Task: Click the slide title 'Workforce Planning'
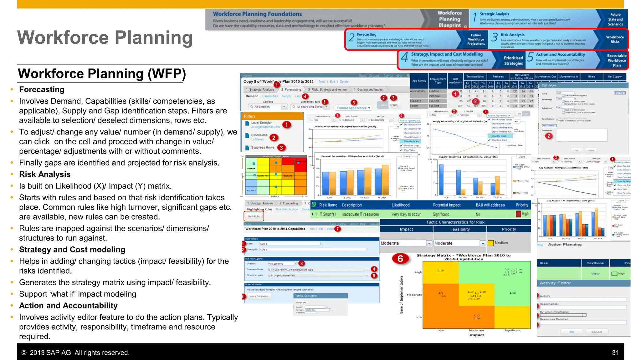pyautogui.click(x=105, y=38)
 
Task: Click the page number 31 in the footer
pyautogui.click(x=615, y=352)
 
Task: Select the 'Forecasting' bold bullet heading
pyautogui.click(x=42, y=89)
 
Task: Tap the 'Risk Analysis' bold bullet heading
pyautogui.click(x=45, y=174)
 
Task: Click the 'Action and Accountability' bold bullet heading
pyautogui.click(x=68, y=306)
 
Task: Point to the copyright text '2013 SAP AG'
pyautogui.click(x=75, y=352)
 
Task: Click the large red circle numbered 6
pyautogui.click(x=400, y=259)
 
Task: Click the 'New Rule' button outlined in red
pyautogui.click(x=254, y=216)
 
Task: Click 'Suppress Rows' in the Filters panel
pyautogui.click(x=263, y=147)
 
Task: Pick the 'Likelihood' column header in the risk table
pyautogui.click(x=400, y=205)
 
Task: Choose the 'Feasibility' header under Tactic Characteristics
pyautogui.click(x=460, y=229)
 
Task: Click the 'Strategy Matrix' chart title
pyautogui.click(x=463, y=257)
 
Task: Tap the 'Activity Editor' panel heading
pyautogui.click(x=555, y=283)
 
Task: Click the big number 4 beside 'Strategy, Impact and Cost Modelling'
pyautogui.click(x=404, y=57)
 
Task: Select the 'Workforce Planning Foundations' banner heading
pyautogui.click(x=257, y=14)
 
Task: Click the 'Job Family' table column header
pyautogui.click(x=419, y=81)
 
